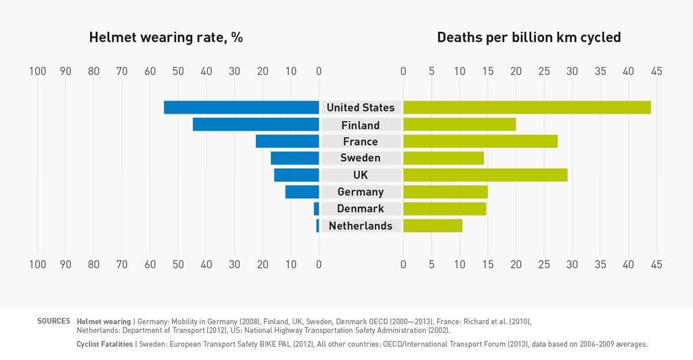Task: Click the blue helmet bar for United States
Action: tap(242, 108)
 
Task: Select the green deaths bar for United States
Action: tap(527, 108)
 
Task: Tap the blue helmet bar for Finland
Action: tap(256, 125)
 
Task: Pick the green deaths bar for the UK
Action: tap(485, 175)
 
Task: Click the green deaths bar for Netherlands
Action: tap(432, 225)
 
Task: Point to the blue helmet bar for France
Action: tap(287, 141)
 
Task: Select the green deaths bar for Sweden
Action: tap(443, 158)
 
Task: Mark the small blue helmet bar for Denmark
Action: tap(316, 208)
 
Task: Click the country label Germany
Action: tap(360, 192)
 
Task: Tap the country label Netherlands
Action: tap(360, 225)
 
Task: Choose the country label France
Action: tap(360, 141)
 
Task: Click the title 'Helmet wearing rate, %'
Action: tap(166, 37)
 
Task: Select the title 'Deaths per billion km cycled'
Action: tap(529, 37)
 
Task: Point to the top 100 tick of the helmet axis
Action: tap(37, 71)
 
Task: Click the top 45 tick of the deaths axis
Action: tap(656, 71)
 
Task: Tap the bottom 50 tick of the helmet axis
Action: tap(178, 264)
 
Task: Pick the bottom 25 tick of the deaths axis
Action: tap(543, 264)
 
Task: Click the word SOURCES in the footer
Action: tap(53, 321)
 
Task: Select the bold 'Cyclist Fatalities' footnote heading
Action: tap(105, 344)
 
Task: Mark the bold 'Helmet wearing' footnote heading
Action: tap(104, 321)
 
